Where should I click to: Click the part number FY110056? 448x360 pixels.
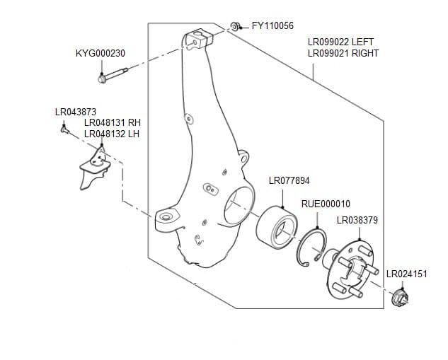(272, 25)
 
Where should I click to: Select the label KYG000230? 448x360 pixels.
(100, 54)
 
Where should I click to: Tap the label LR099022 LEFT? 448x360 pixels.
(340, 42)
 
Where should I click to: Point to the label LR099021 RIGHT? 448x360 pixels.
(343, 53)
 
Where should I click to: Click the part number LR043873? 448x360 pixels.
(75, 112)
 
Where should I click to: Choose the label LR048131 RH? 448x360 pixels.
(113, 122)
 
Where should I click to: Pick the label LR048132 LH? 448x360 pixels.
(112, 133)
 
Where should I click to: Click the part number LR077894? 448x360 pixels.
(289, 181)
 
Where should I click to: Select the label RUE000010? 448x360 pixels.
(326, 204)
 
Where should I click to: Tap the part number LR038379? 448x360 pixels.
(357, 220)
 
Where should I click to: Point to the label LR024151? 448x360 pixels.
(406, 274)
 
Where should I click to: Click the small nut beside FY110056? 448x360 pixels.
(234, 27)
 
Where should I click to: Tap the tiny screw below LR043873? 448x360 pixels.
(64, 128)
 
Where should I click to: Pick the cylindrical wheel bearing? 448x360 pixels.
(276, 227)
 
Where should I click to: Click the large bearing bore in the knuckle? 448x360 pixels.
(236, 207)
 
